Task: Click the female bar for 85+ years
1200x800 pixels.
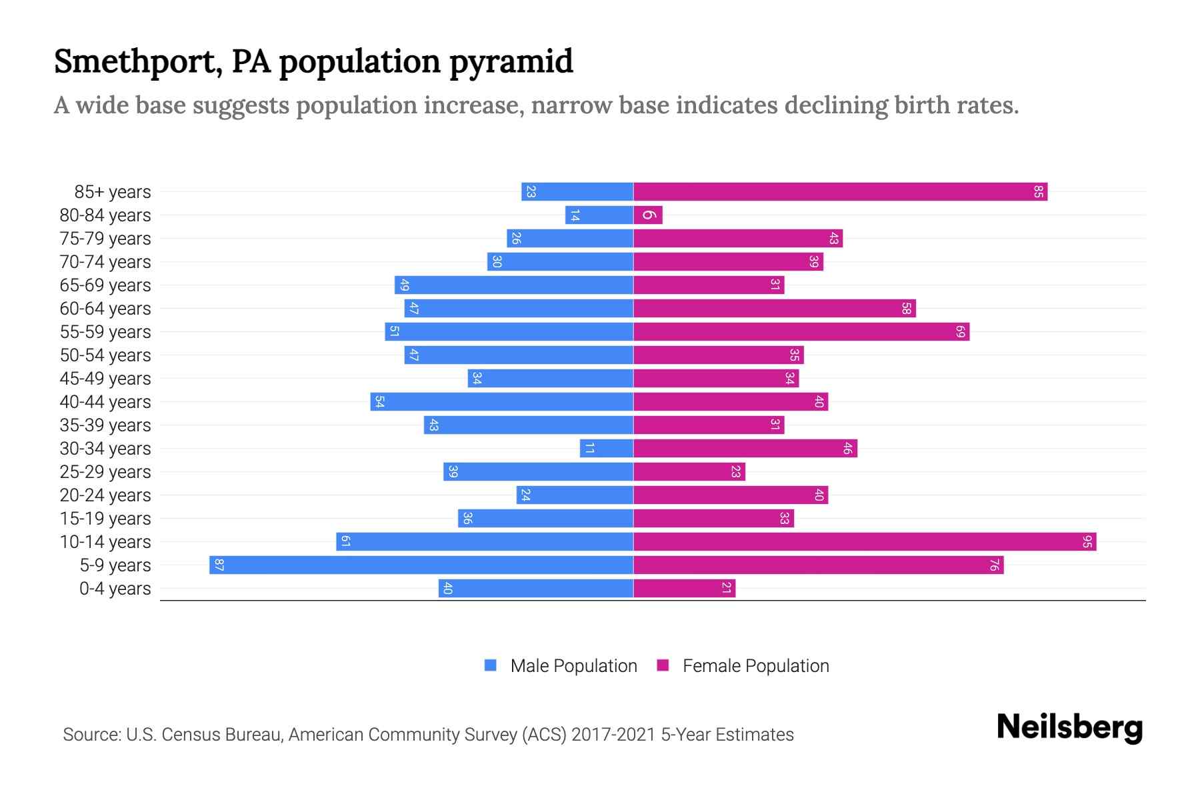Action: point(840,191)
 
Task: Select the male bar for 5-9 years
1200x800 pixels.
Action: point(421,565)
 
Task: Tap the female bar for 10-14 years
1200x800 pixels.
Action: point(865,541)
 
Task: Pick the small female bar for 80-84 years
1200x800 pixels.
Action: point(648,215)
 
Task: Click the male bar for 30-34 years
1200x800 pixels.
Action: point(607,448)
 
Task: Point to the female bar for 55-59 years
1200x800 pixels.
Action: point(801,331)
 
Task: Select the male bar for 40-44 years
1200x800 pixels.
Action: point(502,401)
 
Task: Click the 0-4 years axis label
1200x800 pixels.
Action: point(115,589)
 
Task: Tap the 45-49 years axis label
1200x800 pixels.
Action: point(105,379)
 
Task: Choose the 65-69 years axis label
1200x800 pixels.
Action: point(105,285)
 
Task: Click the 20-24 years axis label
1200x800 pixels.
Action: point(105,495)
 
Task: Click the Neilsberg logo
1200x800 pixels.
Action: point(1069,727)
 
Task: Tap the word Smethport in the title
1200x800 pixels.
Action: point(137,61)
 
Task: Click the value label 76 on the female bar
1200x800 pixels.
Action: point(994,565)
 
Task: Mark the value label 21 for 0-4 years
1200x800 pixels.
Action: point(726,588)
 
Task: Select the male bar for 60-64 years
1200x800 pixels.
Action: point(519,308)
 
